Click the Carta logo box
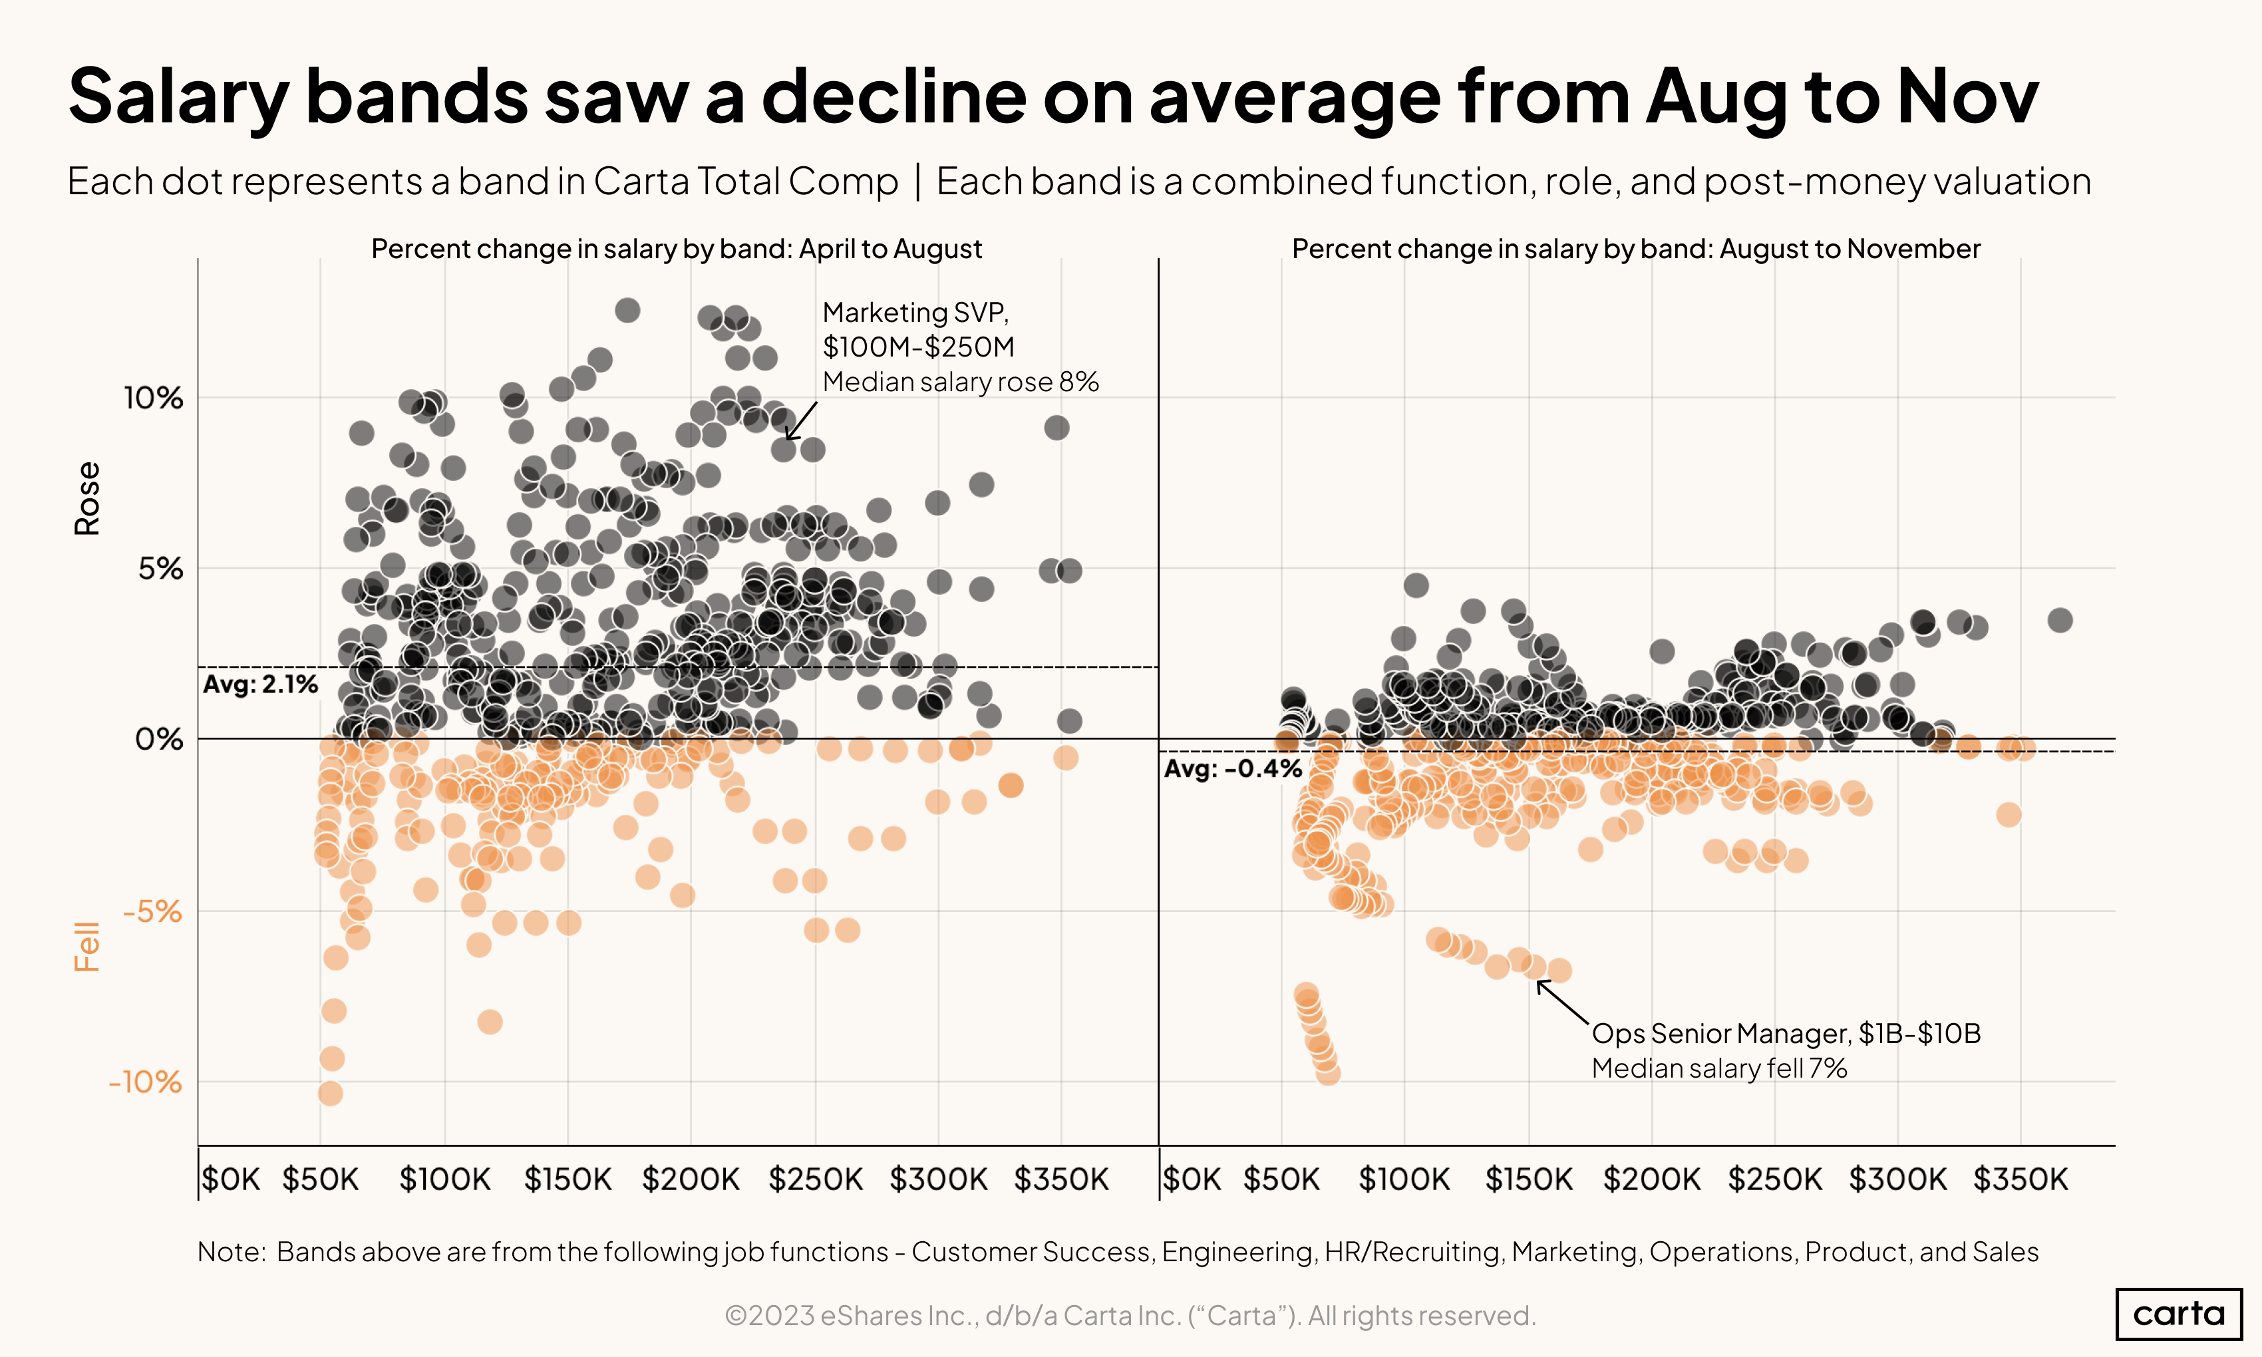pos(2178,1314)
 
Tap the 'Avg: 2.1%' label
pos(261,685)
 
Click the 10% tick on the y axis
pos(154,398)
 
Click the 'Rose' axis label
pos(87,498)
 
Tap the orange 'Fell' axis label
pos(87,947)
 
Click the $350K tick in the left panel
pos(1060,1179)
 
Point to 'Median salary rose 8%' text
pos(960,382)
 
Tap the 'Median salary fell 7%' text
pos(1719,1069)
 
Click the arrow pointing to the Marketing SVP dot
pos(801,420)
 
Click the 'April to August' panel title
pos(677,249)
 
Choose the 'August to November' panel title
pos(1636,249)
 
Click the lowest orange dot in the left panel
pos(330,1094)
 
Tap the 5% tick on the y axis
pos(160,569)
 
